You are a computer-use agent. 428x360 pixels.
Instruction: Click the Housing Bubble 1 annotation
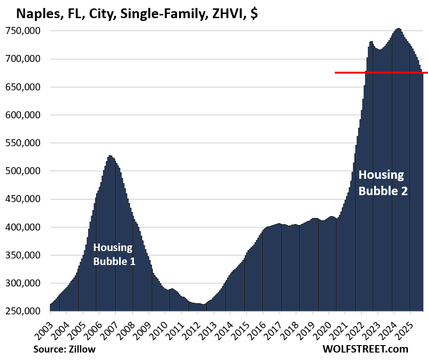point(114,254)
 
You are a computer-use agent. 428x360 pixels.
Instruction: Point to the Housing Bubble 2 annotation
point(382,183)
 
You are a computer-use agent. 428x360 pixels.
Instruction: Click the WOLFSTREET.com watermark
point(365,349)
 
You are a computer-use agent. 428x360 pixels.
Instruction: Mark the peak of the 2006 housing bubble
point(110,156)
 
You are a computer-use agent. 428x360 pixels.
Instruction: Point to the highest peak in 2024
point(398,29)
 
